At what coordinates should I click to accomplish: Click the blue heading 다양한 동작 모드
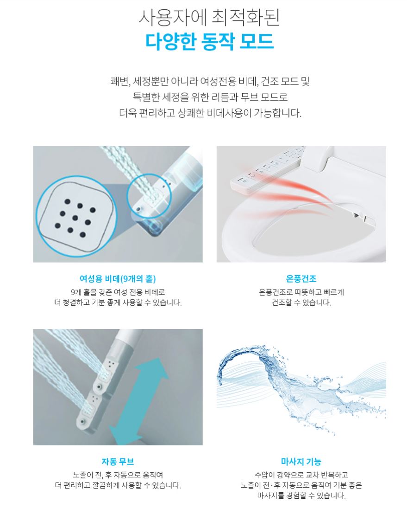tap(209, 42)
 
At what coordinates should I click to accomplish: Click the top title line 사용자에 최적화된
tap(209, 17)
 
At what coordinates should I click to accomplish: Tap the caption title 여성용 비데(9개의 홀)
tap(118, 279)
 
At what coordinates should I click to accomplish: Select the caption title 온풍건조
tap(301, 279)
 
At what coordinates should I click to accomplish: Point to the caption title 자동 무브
tap(118, 462)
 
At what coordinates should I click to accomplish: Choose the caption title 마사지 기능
tap(301, 462)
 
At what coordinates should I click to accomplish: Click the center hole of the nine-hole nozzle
tap(75, 218)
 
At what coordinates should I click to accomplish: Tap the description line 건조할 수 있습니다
tap(301, 302)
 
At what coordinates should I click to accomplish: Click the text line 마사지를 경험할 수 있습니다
tap(301, 496)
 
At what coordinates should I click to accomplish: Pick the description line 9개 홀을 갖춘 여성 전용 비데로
tap(118, 292)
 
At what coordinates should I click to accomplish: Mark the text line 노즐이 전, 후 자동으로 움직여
tap(118, 475)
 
